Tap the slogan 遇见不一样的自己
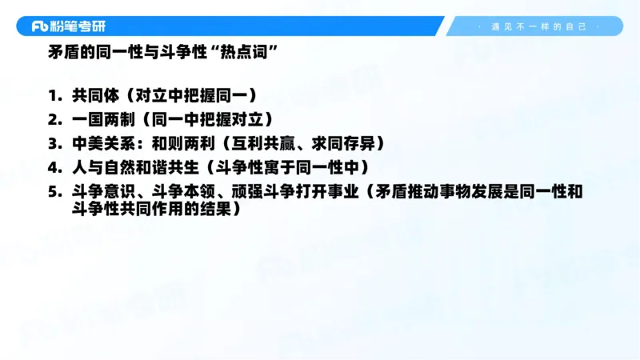pyautogui.click(x=538, y=26)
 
